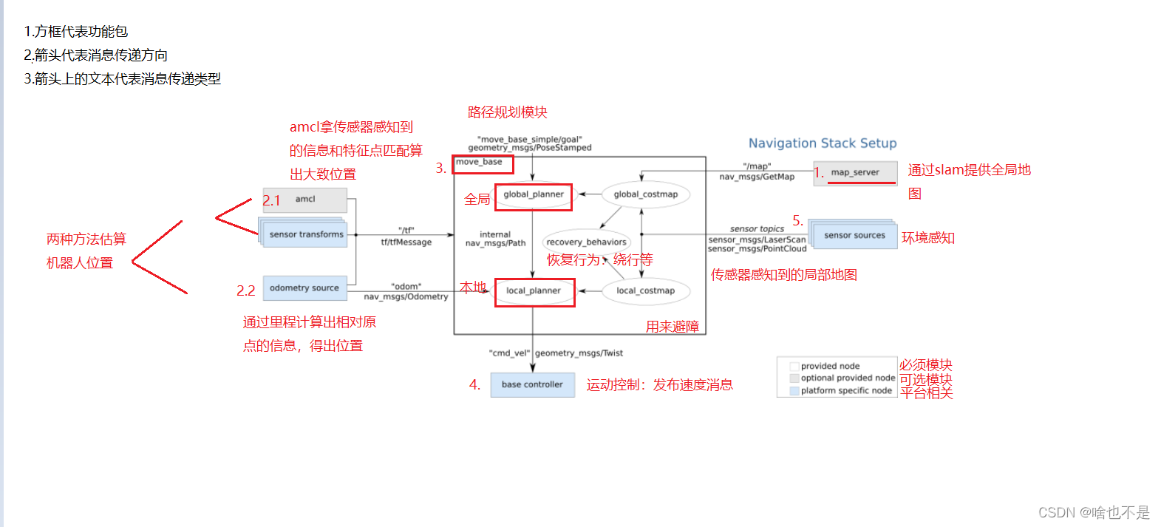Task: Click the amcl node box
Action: (305, 200)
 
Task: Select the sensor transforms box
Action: (306, 234)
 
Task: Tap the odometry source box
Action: (304, 288)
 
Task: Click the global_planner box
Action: (534, 195)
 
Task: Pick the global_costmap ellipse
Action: (645, 194)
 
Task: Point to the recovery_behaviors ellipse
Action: (586, 242)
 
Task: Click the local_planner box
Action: (534, 291)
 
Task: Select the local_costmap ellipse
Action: (645, 290)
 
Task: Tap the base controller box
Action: (532, 384)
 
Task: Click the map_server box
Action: (855, 173)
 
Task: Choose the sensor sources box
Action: (854, 235)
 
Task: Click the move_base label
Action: (479, 162)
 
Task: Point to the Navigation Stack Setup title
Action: (823, 143)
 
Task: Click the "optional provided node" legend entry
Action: (847, 378)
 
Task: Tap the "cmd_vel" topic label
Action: (509, 353)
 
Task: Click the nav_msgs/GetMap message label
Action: (757, 177)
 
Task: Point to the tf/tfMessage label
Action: (406, 242)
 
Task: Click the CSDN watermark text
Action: (1094, 512)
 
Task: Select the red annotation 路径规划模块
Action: (508, 112)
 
